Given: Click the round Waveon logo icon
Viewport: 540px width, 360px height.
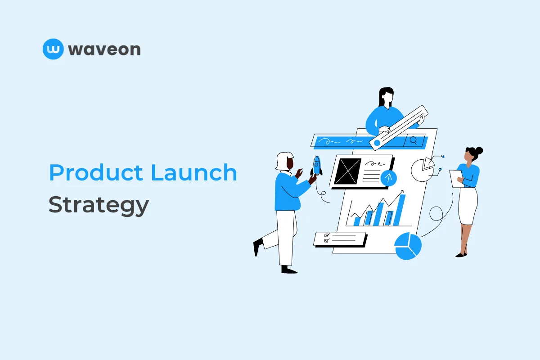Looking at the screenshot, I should [54, 49].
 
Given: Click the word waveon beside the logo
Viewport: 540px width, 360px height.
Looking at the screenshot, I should [104, 49].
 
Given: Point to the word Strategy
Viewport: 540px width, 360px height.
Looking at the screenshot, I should [99, 206].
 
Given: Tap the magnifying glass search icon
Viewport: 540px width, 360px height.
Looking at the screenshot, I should [414, 141].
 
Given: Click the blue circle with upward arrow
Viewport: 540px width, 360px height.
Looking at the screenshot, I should [389, 178].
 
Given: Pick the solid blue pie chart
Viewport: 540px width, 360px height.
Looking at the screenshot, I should [408, 246].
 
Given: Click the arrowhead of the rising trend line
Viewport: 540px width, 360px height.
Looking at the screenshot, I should [401, 192].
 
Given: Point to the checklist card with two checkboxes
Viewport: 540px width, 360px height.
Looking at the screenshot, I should [340, 238].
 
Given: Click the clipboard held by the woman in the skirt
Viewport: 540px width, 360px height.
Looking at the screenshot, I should [456, 178].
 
